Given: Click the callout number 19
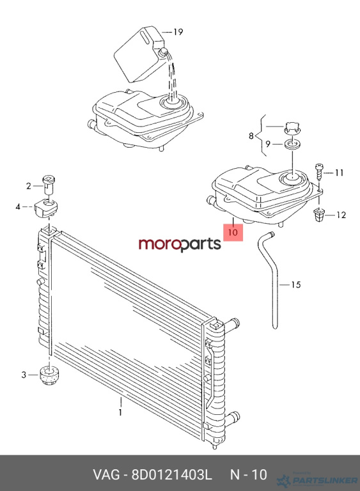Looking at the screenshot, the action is click(178, 32).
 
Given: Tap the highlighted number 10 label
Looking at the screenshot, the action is click(233, 232).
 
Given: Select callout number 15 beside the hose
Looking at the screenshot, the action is click(296, 284).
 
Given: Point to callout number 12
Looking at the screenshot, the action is click(341, 215).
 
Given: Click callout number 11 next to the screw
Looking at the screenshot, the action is click(339, 173).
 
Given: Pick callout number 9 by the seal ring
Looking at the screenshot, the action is click(267, 144).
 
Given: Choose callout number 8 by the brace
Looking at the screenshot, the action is click(251, 136).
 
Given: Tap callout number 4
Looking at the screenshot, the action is click(18, 207).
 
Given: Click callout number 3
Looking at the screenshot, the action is click(24, 375).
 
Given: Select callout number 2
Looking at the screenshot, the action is click(29, 186).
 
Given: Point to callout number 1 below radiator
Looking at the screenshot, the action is click(120, 412).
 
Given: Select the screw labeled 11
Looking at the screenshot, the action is click(319, 172).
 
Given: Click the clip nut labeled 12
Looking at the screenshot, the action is click(319, 215).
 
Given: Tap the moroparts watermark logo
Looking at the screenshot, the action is click(180, 244).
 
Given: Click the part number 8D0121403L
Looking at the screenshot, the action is click(172, 475).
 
